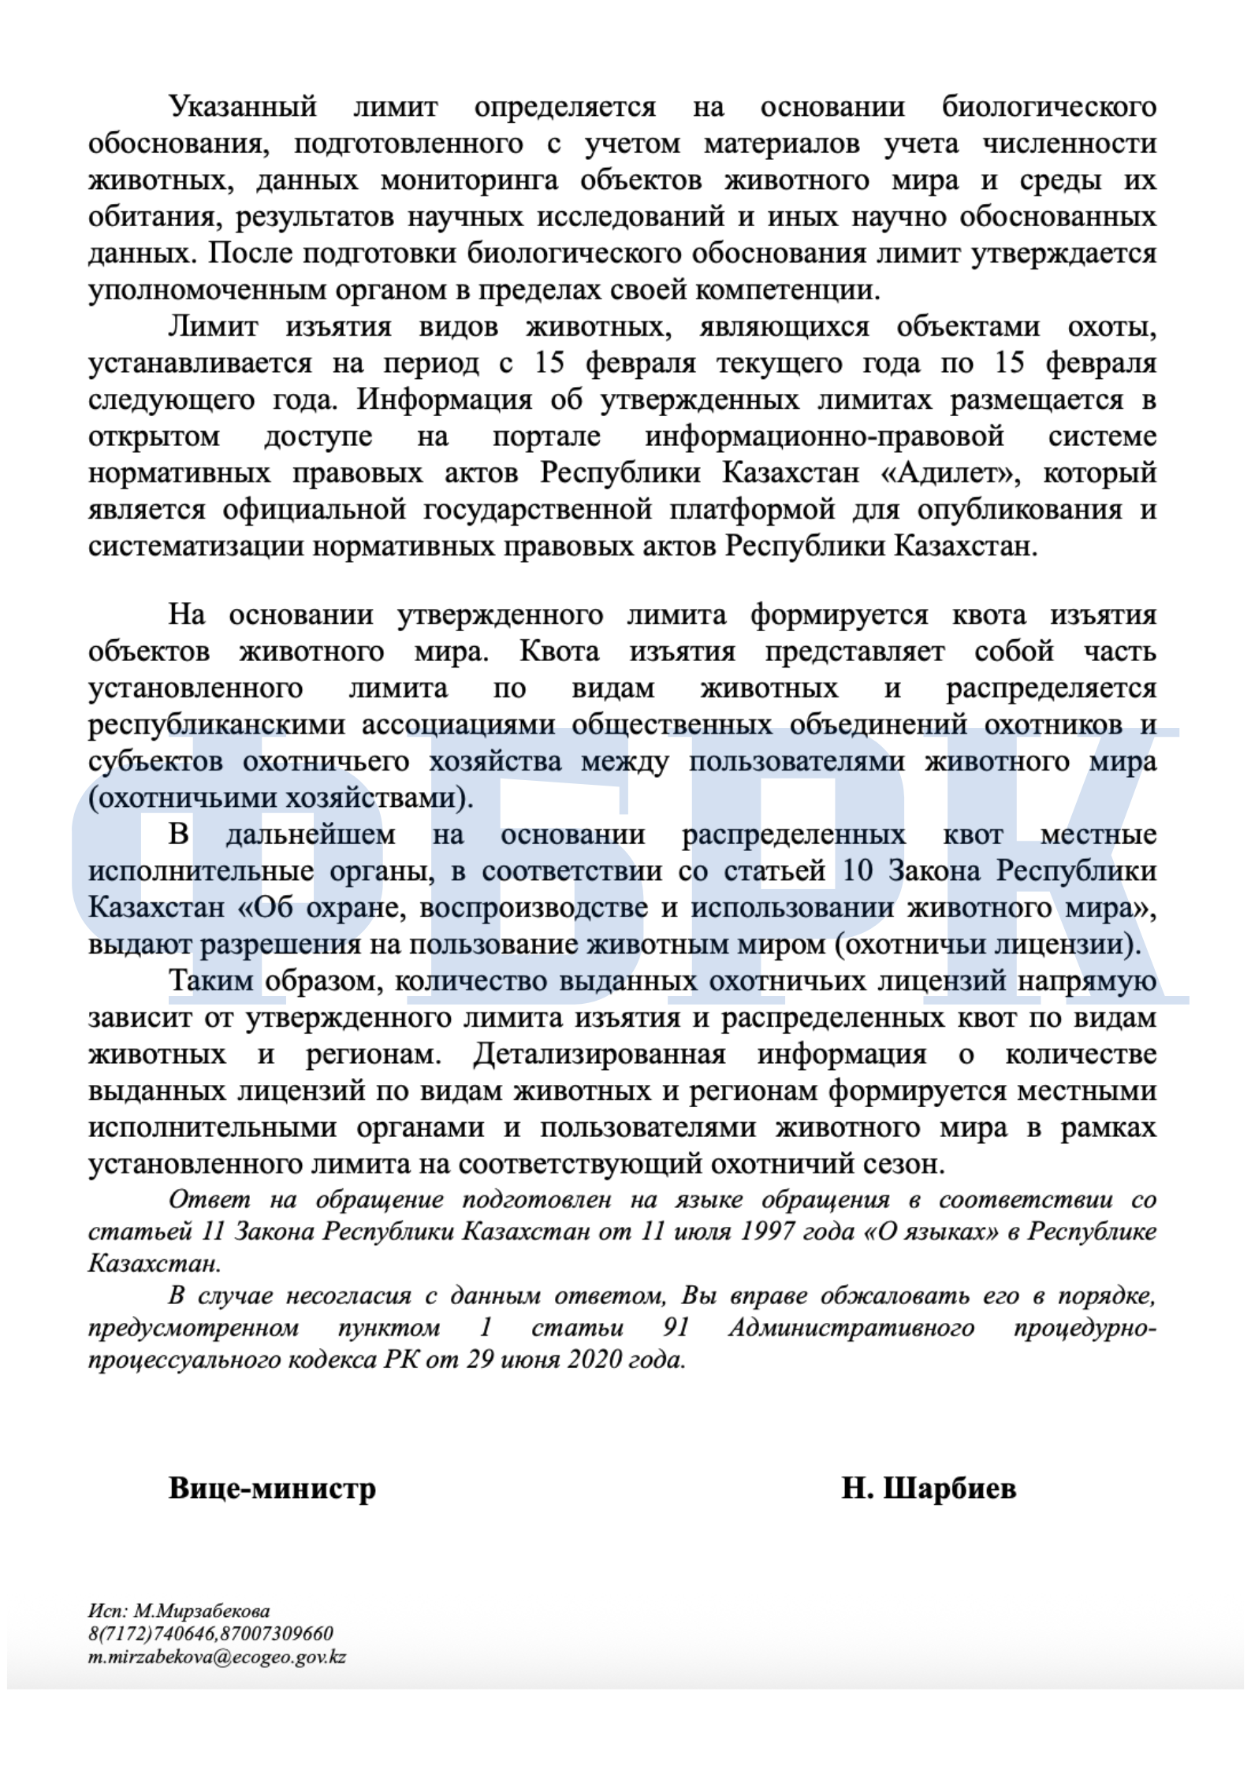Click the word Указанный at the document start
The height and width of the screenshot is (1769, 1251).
point(243,107)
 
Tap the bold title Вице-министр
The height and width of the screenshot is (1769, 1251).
point(272,1488)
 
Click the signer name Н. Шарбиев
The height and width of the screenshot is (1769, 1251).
point(929,1488)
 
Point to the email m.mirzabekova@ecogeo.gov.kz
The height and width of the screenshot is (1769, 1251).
point(217,1656)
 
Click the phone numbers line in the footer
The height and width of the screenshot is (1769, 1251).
point(210,1633)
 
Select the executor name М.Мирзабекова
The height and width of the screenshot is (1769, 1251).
point(202,1611)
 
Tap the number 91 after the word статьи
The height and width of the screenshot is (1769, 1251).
point(676,1328)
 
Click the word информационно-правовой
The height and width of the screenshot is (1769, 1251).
point(825,436)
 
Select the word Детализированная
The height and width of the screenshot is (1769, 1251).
point(599,1054)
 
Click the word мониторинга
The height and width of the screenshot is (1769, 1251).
point(470,180)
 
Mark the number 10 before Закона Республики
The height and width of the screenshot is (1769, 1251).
point(858,871)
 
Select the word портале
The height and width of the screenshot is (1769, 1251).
point(546,436)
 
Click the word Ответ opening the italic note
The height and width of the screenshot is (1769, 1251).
point(209,1200)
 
